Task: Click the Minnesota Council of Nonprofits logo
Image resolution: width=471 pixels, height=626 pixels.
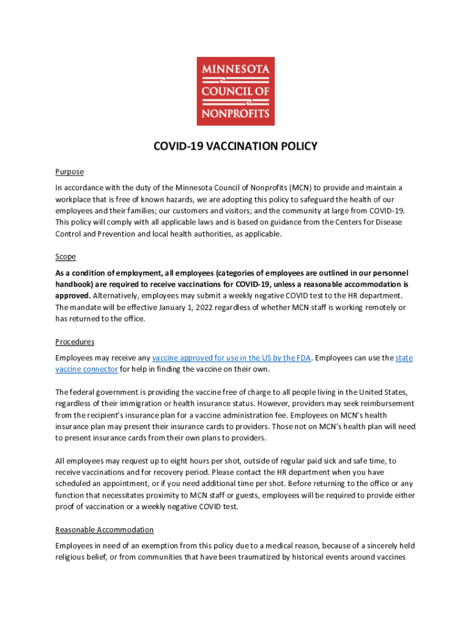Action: [236, 91]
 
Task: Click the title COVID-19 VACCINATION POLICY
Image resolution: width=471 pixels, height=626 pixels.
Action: [236, 146]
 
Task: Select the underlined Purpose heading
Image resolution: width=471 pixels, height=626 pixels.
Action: [69, 172]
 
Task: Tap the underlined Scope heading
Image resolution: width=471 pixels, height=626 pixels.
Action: [65, 257]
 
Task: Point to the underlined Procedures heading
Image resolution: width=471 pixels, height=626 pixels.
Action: [75, 342]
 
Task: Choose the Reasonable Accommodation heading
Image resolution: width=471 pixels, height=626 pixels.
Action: [104, 529]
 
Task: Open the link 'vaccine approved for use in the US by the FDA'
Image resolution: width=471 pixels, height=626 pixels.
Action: [231, 358]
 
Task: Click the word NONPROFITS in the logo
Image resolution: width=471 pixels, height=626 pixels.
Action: [236, 112]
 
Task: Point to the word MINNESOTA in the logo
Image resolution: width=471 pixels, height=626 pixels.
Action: [236, 69]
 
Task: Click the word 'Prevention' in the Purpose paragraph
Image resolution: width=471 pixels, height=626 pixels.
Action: [110, 234]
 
